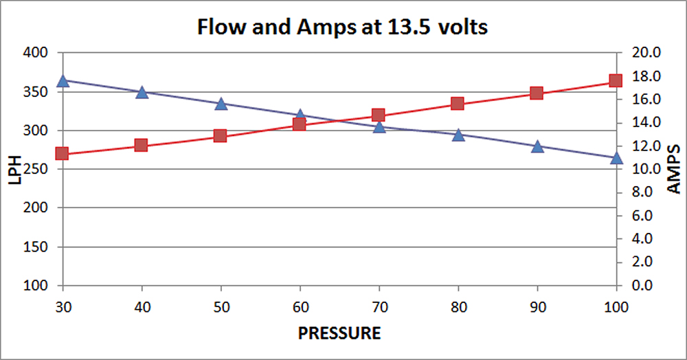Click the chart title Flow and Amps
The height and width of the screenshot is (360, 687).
[343, 28]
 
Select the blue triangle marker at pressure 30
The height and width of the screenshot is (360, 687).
[63, 81]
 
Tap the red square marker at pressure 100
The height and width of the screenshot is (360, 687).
[616, 80]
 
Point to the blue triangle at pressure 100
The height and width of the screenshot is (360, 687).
[616, 158]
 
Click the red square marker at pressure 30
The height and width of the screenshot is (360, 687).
[63, 153]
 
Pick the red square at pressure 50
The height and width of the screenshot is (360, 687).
[221, 135]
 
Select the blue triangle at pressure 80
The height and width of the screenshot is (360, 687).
[458, 135]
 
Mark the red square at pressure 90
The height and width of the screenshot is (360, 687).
[537, 93]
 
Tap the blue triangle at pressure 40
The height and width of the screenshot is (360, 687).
[142, 93]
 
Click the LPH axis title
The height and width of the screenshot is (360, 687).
[15, 169]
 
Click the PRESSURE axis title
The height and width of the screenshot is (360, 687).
[339, 335]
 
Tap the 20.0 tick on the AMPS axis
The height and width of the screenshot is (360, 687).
[649, 53]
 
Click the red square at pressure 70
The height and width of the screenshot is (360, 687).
[379, 115]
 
